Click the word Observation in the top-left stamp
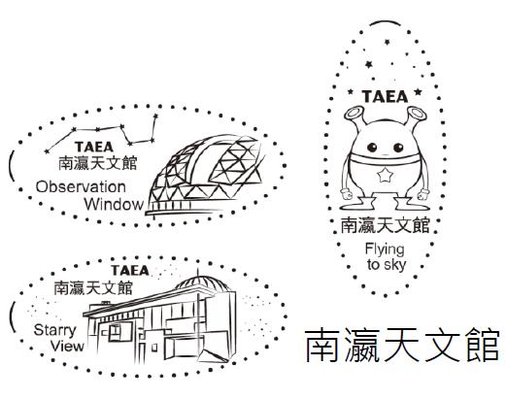(x=81, y=187)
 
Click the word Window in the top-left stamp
(x=114, y=205)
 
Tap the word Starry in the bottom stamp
(x=54, y=331)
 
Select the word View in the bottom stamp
(x=67, y=347)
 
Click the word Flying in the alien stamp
(x=385, y=249)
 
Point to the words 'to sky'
(x=387, y=265)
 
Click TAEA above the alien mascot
(x=385, y=96)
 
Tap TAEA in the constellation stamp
(x=94, y=147)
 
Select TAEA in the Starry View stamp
(x=130, y=271)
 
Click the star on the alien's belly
(x=385, y=175)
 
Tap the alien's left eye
(x=372, y=148)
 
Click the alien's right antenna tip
(x=417, y=113)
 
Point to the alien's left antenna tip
(x=354, y=114)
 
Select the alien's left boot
(x=357, y=203)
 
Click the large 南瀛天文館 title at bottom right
(x=402, y=346)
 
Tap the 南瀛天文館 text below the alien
(x=386, y=225)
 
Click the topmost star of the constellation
(x=155, y=116)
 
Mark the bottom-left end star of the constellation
(x=47, y=151)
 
